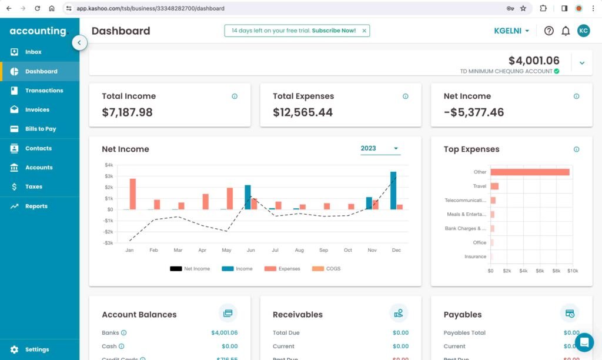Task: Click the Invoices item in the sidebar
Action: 37,109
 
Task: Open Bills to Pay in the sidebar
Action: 40,129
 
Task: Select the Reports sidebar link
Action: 36,206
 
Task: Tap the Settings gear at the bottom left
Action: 15,349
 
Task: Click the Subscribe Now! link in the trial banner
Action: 333,31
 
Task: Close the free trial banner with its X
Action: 364,31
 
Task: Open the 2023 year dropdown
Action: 380,148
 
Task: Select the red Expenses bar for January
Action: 133,194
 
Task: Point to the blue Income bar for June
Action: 248,197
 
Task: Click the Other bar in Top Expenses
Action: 530,172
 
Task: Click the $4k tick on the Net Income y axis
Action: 109,165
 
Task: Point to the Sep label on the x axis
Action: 323,251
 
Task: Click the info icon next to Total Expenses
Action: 405,96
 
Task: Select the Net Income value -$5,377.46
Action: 473,112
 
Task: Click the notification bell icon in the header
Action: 566,31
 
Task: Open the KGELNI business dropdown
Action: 511,31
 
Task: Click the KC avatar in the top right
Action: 583,31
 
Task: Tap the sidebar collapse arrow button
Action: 80,42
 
